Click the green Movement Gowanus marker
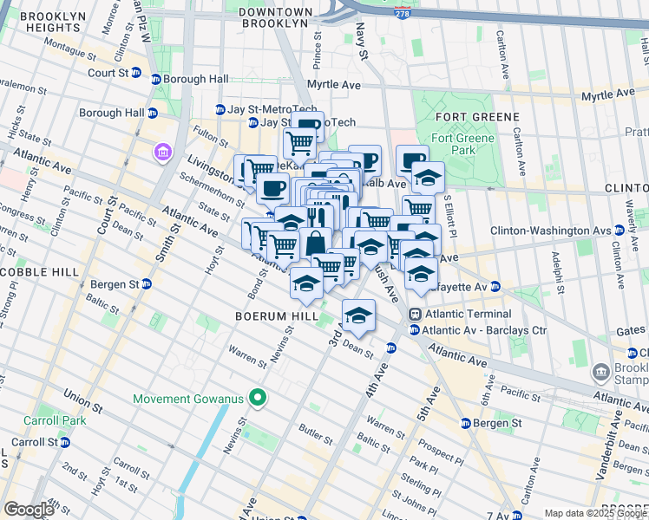(x=257, y=399)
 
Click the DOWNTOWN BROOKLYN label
(x=275, y=17)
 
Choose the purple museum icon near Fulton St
(x=162, y=153)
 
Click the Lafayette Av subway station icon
(x=495, y=286)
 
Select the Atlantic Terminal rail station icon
(x=416, y=314)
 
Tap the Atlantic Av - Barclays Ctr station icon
(x=416, y=330)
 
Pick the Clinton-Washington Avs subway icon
(x=619, y=231)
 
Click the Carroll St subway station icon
(x=65, y=441)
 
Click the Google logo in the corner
(x=29, y=509)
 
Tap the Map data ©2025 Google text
(x=594, y=513)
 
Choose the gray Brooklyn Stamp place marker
(x=600, y=373)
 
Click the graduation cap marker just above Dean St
(x=357, y=317)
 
